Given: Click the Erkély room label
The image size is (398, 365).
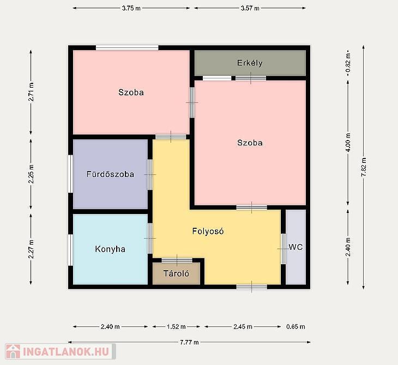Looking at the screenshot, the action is point(250,63).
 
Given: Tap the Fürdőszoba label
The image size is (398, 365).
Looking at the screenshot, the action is point(111,174).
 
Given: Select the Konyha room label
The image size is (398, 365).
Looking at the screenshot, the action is point(110,249).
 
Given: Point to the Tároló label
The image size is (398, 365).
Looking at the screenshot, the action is point(176,273).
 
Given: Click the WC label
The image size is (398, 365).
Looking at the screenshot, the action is point(296,247).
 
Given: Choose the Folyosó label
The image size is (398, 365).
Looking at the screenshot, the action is point(208,232).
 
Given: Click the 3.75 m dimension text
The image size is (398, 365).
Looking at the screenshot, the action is point(131,8).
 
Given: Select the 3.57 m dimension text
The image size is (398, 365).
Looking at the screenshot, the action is point(250,8).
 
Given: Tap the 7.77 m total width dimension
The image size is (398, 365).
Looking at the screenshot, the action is point(189,343).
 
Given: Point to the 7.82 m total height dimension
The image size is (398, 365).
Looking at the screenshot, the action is point(364,167).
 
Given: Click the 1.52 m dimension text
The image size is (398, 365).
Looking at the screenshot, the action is point(176,327).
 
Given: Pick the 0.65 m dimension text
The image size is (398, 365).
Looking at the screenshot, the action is point(296,327).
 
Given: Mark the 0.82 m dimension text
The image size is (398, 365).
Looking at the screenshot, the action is point(348,62).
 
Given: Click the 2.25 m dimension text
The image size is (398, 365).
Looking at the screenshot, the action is point(31,174).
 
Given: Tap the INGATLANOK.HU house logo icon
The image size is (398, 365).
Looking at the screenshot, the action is point(13,351).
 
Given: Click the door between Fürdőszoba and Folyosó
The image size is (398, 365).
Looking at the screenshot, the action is point(150,174).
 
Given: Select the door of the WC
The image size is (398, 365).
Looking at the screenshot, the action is point(283,249).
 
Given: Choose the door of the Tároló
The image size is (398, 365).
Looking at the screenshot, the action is point(177,260).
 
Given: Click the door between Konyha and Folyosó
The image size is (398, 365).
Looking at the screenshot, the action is point(150,239).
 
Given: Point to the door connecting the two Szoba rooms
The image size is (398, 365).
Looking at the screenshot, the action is point(192,102).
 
